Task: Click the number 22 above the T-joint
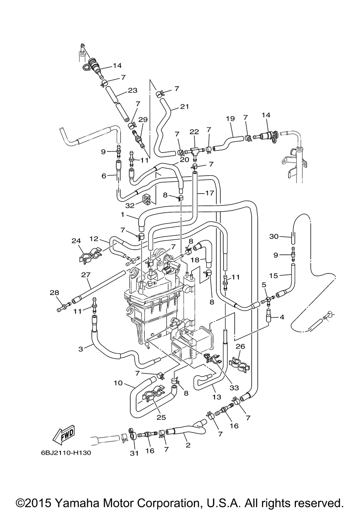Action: (194, 132)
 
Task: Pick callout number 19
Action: (230, 119)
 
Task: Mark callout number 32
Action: (130, 206)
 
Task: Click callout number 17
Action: (209, 193)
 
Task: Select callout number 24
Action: (76, 241)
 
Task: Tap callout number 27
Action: (86, 275)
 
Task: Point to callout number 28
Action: (54, 293)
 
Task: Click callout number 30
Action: (274, 236)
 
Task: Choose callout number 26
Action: (240, 346)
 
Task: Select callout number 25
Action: (161, 417)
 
